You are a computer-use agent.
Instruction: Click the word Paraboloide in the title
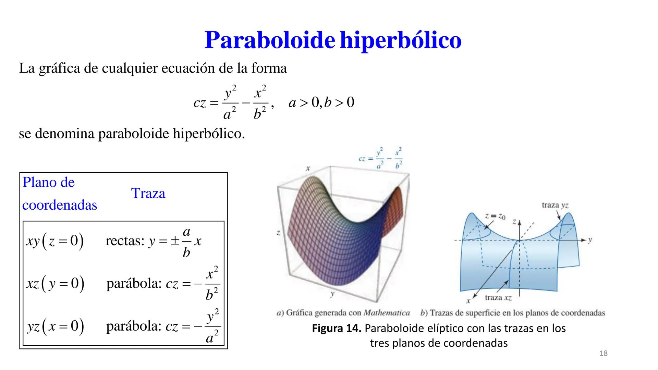click(x=270, y=40)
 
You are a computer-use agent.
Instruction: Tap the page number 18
click(x=604, y=354)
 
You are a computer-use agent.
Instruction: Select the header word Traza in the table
click(x=148, y=194)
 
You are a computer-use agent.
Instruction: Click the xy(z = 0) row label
click(x=55, y=241)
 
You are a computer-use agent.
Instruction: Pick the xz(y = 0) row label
click(x=55, y=284)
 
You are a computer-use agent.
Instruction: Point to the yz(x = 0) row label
click(x=56, y=326)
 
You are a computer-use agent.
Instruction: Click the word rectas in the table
click(x=125, y=241)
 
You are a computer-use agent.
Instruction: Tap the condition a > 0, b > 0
click(x=321, y=102)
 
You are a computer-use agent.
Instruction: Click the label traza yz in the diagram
click(x=555, y=205)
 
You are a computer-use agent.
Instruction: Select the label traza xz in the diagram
click(x=498, y=298)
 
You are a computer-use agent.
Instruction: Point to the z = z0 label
click(x=495, y=217)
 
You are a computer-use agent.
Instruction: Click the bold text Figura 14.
click(x=337, y=328)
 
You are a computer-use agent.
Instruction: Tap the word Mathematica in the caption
click(x=387, y=313)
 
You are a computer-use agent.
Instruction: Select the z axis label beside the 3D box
click(x=278, y=233)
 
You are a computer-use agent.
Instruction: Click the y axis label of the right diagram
click(x=590, y=240)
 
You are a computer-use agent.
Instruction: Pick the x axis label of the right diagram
click(x=468, y=301)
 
